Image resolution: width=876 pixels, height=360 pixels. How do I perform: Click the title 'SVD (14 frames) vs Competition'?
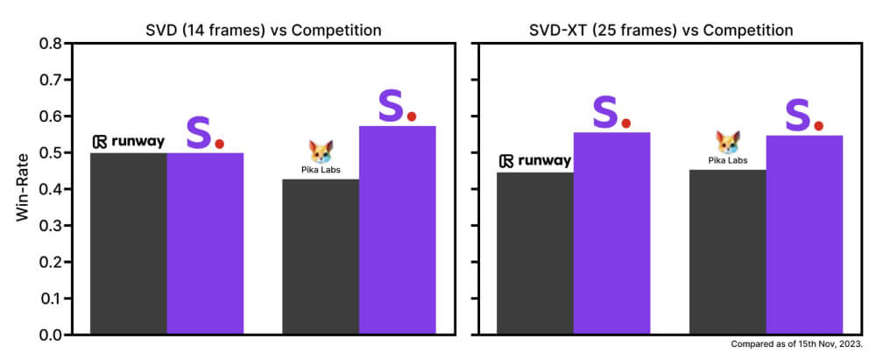click(x=263, y=31)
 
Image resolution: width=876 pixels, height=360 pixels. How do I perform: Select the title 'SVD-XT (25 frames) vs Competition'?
click(x=667, y=31)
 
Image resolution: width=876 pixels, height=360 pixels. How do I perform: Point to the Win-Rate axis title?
click(x=24, y=189)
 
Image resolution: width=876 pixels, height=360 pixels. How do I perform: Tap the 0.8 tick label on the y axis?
click(x=50, y=43)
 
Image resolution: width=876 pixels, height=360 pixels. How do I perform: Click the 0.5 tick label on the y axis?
click(x=50, y=152)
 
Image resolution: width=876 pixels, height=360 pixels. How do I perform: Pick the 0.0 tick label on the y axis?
click(x=50, y=335)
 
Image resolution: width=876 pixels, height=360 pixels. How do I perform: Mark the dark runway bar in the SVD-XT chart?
click(x=535, y=253)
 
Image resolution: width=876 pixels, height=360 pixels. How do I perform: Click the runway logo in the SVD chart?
click(x=128, y=142)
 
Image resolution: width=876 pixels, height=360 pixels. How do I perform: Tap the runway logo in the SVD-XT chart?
click(x=535, y=161)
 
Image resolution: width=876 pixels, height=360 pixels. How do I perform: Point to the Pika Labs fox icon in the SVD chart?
click(x=321, y=152)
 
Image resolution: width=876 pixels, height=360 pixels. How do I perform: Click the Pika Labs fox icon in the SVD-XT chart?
click(x=728, y=143)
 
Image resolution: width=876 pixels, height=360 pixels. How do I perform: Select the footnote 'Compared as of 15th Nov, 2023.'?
click(x=797, y=345)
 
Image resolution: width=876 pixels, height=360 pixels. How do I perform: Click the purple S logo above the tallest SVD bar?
click(x=392, y=107)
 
